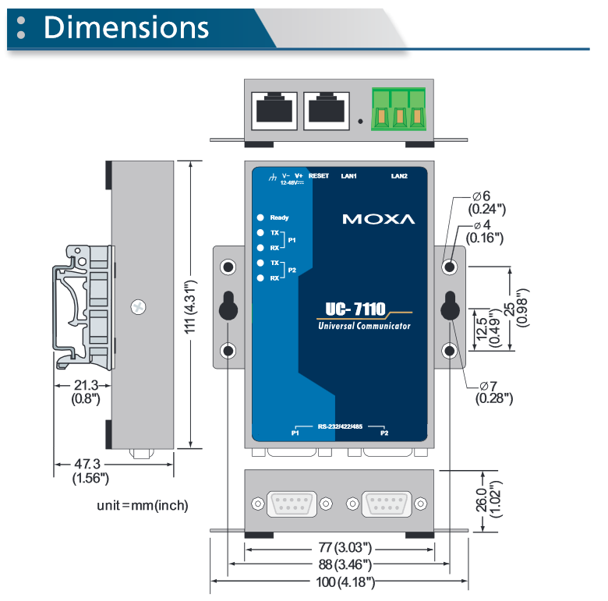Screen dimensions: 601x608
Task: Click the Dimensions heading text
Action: (x=126, y=27)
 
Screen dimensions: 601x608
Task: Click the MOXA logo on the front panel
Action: (x=379, y=219)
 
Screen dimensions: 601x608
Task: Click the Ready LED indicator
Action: (x=260, y=217)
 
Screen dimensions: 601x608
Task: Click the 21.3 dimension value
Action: (x=85, y=385)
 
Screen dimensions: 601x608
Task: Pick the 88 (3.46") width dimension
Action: (x=338, y=564)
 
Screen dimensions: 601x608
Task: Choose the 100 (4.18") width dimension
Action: (x=338, y=582)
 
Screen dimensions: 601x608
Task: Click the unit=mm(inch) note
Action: (x=143, y=505)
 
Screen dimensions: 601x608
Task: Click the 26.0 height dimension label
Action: (x=480, y=502)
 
